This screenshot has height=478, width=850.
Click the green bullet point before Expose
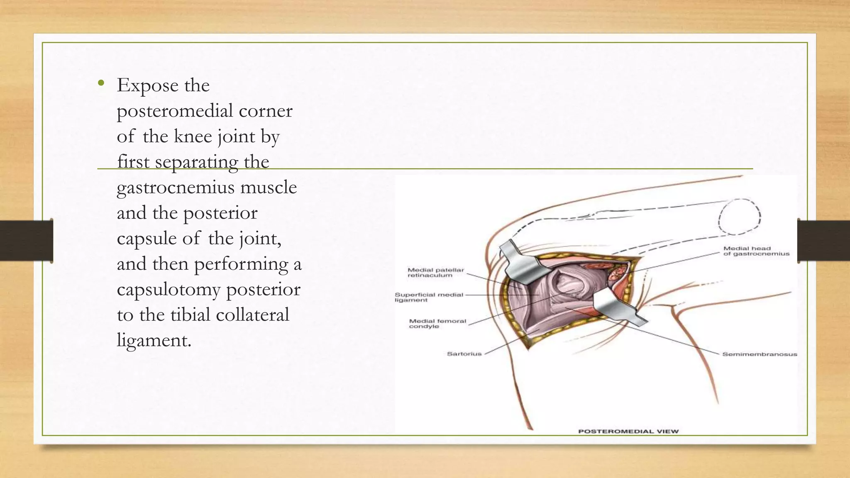click(100, 84)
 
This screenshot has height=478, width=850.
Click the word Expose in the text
click(147, 86)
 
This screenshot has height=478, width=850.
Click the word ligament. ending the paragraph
click(154, 341)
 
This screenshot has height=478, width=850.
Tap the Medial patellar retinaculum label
click(435, 273)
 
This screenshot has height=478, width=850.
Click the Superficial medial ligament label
click(428, 297)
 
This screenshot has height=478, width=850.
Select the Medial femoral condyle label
click(437, 324)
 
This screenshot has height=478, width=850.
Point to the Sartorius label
click(464, 354)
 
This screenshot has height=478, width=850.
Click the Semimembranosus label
click(760, 354)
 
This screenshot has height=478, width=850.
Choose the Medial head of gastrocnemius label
click(756, 251)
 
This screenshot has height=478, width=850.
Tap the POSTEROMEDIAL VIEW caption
click(628, 432)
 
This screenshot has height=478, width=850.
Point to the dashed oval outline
click(739, 217)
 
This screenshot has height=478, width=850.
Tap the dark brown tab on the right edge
click(823, 241)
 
